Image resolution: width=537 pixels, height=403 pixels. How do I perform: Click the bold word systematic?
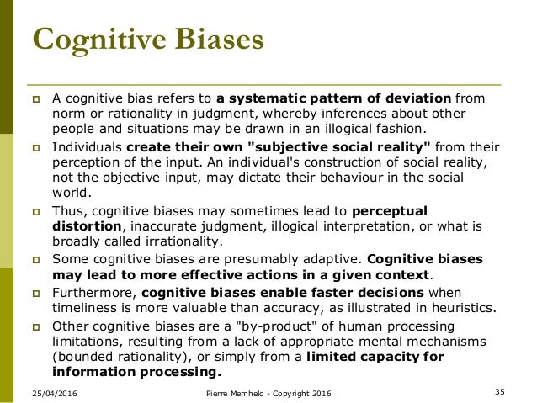pyautogui.click(x=271, y=98)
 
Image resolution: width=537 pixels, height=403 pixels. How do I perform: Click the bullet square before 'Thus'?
pyautogui.click(x=38, y=211)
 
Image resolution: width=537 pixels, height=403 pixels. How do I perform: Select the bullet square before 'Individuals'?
pyautogui.click(x=38, y=146)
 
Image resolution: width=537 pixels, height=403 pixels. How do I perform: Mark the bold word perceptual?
pyautogui.click(x=390, y=210)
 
